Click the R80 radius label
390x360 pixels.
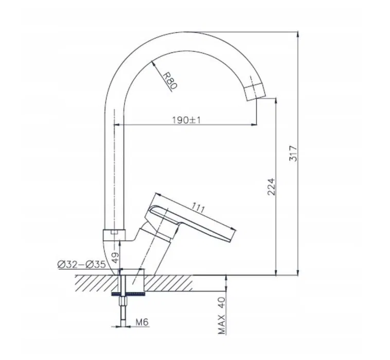tap(170, 81)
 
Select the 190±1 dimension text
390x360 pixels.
tap(186, 120)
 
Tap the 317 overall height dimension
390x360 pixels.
tap(293, 153)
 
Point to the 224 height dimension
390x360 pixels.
tap(271, 187)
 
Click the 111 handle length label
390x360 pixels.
tap(198, 208)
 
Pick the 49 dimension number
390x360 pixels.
tap(115, 258)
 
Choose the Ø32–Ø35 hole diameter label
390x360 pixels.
tap(82, 264)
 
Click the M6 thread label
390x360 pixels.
tap(142, 322)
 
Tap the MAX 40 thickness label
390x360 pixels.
tap(221, 315)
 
